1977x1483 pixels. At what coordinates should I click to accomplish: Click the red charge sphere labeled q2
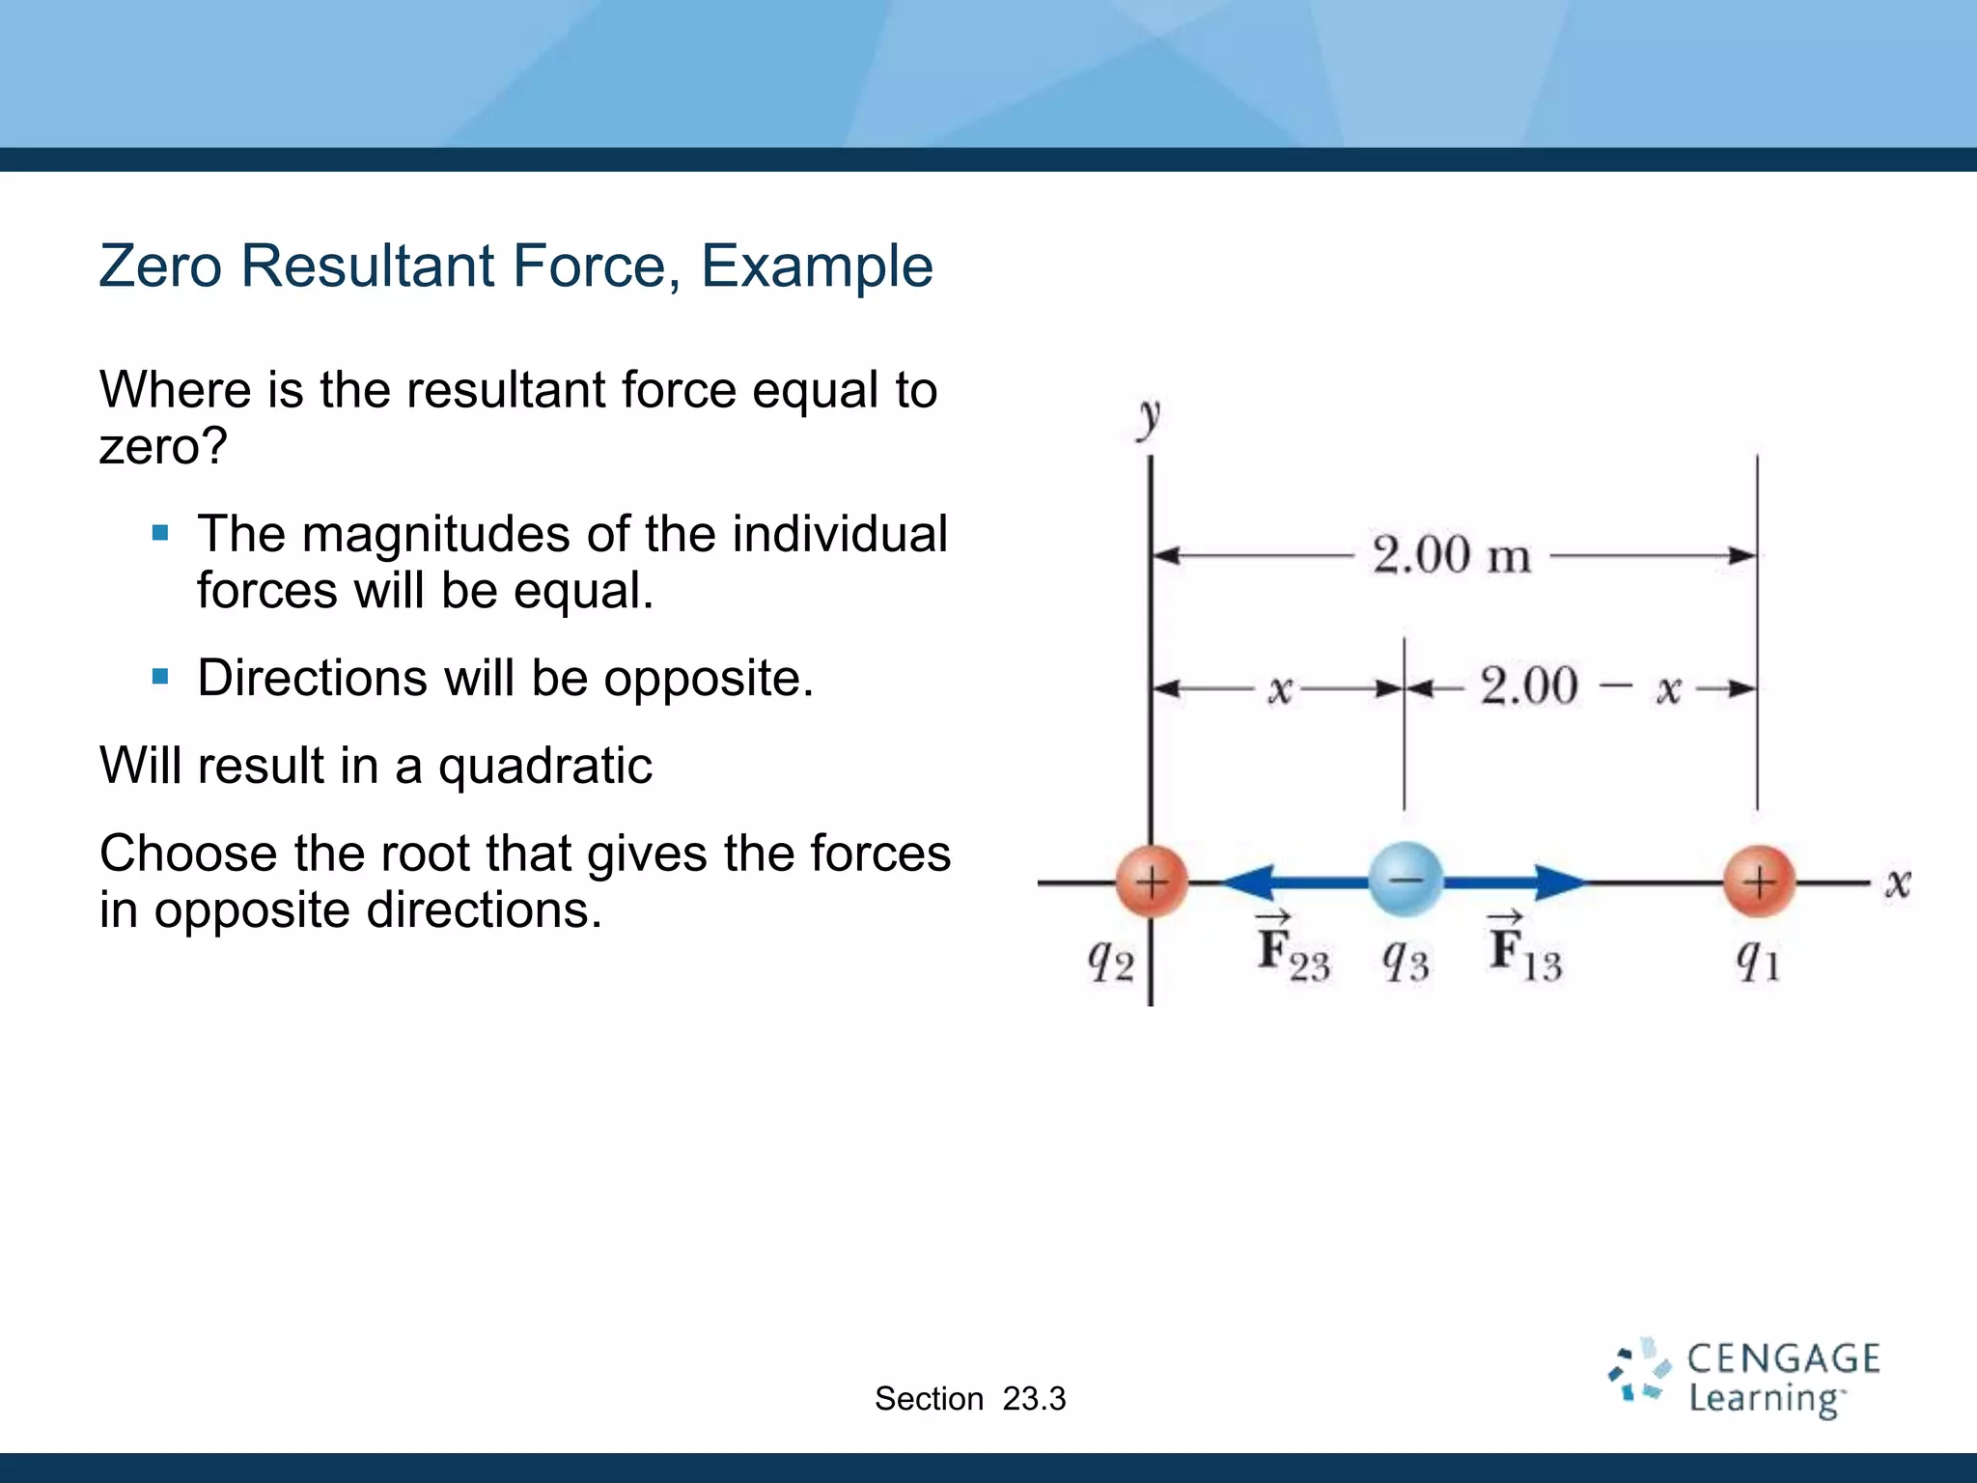(x=1151, y=881)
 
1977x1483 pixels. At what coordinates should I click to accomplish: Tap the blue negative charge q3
(x=1406, y=880)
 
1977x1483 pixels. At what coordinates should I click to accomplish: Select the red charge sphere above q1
(x=1759, y=881)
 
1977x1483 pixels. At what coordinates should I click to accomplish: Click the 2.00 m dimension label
(x=1452, y=556)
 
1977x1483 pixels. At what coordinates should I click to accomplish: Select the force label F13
(x=1524, y=951)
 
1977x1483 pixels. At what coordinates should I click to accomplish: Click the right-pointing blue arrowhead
(x=1558, y=881)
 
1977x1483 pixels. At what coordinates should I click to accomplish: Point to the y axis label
(x=1149, y=419)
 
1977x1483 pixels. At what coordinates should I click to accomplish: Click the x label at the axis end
(x=1898, y=882)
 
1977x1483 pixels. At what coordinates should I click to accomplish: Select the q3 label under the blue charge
(x=1406, y=961)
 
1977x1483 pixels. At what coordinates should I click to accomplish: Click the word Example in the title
(x=816, y=266)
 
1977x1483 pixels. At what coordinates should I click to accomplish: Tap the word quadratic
(x=545, y=768)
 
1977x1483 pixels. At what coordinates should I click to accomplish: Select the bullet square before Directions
(x=160, y=677)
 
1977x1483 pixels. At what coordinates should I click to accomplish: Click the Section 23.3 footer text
(x=970, y=1399)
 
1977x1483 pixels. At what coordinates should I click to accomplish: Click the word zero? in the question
(x=163, y=447)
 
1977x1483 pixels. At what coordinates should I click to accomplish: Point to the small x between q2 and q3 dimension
(x=1279, y=689)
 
